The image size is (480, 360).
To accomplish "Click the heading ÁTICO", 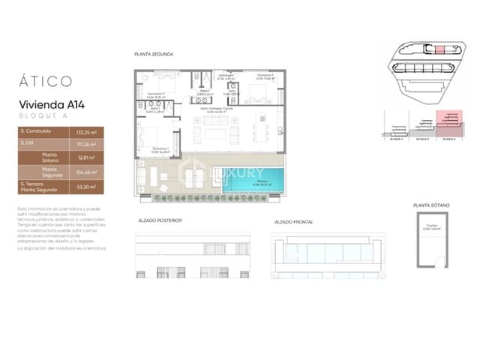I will click(46, 80).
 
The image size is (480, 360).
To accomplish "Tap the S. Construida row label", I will click(35, 130).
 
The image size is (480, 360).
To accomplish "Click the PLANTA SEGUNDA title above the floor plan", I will click(153, 55).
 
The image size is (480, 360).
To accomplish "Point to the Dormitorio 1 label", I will click(158, 149).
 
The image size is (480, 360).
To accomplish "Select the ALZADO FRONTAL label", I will click(294, 222).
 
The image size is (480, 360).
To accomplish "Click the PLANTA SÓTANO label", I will click(430, 205).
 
